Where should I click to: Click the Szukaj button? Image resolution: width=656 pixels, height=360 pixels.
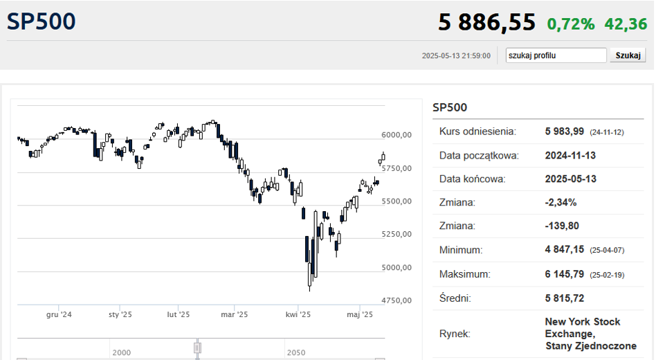(x=628, y=55)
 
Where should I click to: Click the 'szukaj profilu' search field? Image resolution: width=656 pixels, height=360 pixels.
(x=556, y=55)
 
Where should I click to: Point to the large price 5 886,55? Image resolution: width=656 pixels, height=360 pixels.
(x=486, y=21)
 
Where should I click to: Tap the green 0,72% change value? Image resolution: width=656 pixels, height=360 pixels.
(x=571, y=24)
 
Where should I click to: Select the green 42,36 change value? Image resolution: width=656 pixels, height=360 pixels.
(x=626, y=24)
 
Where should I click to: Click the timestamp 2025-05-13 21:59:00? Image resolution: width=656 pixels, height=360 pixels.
(x=456, y=55)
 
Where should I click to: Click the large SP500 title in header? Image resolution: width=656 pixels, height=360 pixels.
(x=41, y=21)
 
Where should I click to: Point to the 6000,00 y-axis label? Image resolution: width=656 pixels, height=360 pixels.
(x=397, y=135)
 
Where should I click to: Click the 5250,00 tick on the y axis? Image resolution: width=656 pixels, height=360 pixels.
(x=397, y=234)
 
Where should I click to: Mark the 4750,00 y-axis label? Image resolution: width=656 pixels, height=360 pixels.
(x=397, y=300)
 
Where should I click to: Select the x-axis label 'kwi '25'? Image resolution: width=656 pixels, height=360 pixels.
(x=298, y=314)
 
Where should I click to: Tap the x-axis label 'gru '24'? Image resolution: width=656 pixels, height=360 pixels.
(x=59, y=314)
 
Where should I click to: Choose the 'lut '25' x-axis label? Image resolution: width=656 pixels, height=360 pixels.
(x=179, y=314)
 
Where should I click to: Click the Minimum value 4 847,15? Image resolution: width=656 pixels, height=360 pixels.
(x=564, y=249)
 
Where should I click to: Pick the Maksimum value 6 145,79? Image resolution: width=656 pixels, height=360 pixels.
(x=564, y=274)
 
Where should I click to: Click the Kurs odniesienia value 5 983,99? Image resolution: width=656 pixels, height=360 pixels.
(x=564, y=132)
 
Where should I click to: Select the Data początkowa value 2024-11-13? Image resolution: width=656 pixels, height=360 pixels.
(x=570, y=155)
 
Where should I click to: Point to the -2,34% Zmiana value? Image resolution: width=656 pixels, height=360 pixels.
(x=561, y=203)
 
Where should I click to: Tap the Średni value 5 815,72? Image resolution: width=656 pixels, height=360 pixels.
(x=564, y=298)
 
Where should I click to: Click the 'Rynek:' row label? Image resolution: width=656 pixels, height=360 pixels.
(x=455, y=334)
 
